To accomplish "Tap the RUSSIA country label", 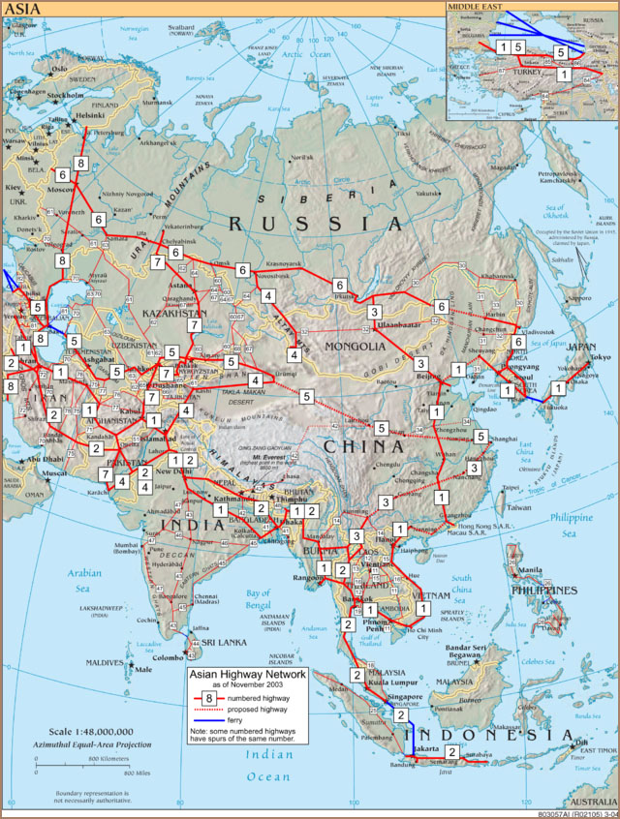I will pos(316,224).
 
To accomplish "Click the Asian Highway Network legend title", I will pos(246,674).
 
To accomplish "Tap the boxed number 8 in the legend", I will pos(208,698).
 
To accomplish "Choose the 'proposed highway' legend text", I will pos(263,710).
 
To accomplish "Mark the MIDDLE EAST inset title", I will pos(476,7).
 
